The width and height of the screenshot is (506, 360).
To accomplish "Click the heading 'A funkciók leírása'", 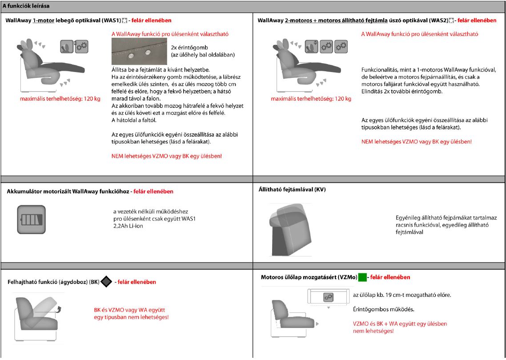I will click(x=26, y=6).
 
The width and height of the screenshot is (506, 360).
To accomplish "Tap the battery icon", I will click(x=31, y=220).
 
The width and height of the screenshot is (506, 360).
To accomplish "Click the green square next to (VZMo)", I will click(x=362, y=277).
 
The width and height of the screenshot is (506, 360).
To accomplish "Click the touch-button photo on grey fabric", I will click(x=139, y=52).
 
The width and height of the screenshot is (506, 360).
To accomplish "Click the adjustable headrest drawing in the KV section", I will click(x=290, y=230).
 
